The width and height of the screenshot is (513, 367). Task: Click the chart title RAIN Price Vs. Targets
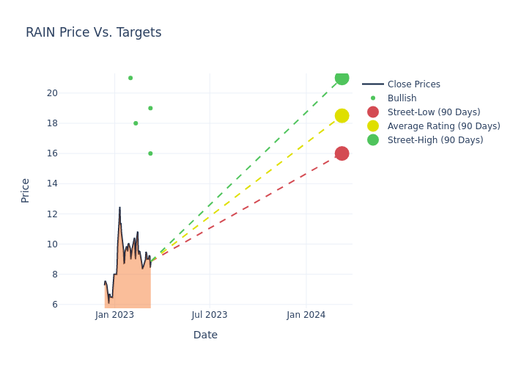pyautogui.click(x=93, y=33)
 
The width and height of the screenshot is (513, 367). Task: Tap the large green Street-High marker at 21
pyautogui.click(x=342, y=78)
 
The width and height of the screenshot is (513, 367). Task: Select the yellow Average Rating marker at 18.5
pyautogui.click(x=342, y=116)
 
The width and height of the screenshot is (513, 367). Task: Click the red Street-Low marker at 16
pyautogui.click(x=342, y=153)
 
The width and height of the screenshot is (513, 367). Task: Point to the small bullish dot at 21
pyautogui.click(x=130, y=78)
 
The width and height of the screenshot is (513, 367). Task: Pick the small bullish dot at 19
pyautogui.click(x=150, y=108)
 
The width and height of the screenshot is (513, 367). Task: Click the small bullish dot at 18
pyautogui.click(x=136, y=123)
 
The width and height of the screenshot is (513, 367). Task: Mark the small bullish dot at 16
pyautogui.click(x=150, y=153)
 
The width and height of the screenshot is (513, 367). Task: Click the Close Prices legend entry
pyautogui.click(x=413, y=84)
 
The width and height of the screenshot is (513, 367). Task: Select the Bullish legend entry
pyautogui.click(x=402, y=98)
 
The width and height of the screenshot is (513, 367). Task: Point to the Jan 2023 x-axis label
pyautogui.click(x=114, y=315)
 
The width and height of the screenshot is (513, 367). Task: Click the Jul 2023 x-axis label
pyautogui.click(x=210, y=315)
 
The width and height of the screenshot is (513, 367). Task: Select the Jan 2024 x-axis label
pyautogui.click(x=306, y=315)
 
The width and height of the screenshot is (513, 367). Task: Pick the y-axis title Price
pyautogui.click(x=26, y=190)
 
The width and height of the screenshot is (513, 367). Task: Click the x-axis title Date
pyautogui.click(x=205, y=335)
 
